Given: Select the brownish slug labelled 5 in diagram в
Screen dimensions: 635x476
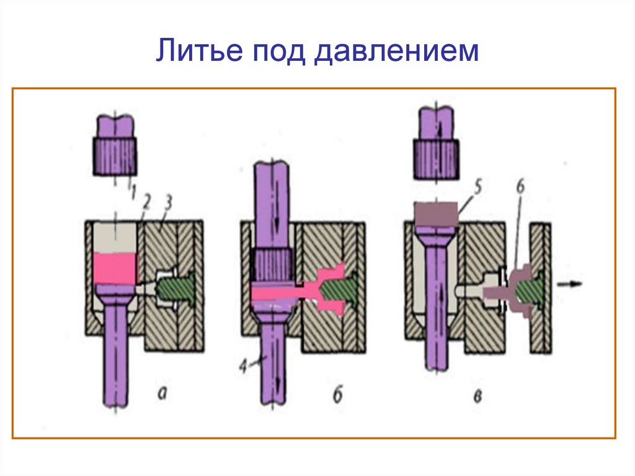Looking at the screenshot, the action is point(437,213).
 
